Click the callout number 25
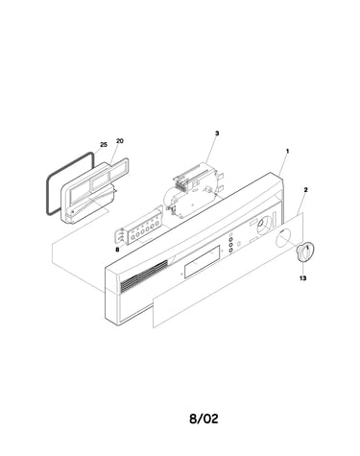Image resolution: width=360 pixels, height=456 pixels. click(x=104, y=145)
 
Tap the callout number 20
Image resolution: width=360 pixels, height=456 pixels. click(x=120, y=141)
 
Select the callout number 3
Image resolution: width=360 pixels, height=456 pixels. click(x=217, y=133)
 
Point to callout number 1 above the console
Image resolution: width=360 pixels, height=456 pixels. click(x=287, y=151)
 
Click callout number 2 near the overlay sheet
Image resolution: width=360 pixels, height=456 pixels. click(x=305, y=190)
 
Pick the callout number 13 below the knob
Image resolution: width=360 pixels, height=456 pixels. click(x=302, y=278)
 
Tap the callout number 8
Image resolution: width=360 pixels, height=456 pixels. click(x=117, y=250)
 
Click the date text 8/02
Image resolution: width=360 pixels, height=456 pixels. click(x=204, y=419)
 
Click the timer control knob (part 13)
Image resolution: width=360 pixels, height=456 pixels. click(x=305, y=252)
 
